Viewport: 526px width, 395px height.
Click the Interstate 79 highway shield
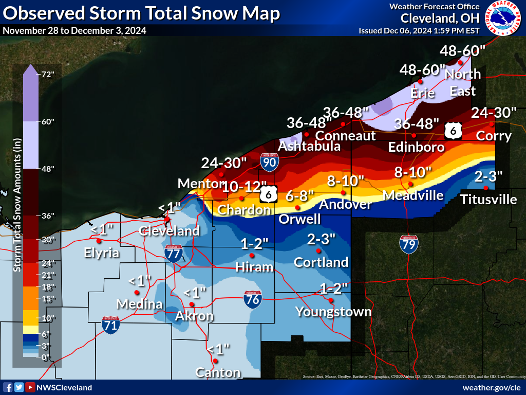coord(408,244)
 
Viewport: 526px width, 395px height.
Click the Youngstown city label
coord(333,312)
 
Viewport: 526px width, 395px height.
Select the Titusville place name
coord(488,199)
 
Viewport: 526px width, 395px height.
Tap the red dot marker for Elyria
coord(100,240)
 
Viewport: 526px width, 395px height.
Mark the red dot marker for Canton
coord(216,361)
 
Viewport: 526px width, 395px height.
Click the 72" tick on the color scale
coord(48,74)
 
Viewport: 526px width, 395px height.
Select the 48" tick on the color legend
coord(48,169)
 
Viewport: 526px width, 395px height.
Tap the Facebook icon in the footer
coord(8,387)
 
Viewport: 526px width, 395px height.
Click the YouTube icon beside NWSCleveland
coord(30,387)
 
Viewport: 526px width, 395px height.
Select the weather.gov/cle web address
coord(491,387)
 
